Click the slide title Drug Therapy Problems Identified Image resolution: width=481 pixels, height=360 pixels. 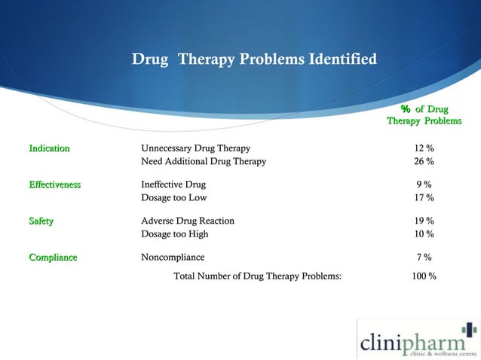(x=254, y=59)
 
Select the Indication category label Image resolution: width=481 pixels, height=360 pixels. (x=50, y=148)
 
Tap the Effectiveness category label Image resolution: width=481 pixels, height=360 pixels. (x=55, y=185)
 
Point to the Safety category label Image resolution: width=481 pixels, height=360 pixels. (x=41, y=221)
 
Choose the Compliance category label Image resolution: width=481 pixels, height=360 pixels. (x=53, y=258)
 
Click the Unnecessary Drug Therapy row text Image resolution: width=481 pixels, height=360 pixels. (x=195, y=148)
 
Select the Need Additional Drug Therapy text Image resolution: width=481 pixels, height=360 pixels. (x=204, y=161)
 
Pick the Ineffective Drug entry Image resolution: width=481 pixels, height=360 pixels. (x=173, y=185)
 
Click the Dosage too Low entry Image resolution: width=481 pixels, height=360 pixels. (x=174, y=197)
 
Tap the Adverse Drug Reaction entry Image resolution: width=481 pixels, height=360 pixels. (x=188, y=221)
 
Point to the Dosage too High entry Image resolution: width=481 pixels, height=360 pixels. (x=175, y=234)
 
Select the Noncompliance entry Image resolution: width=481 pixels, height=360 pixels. (x=173, y=258)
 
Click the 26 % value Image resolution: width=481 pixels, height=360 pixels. (x=424, y=161)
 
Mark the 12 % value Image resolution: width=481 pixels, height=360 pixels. (x=424, y=148)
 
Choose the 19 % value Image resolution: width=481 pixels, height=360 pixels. (x=424, y=221)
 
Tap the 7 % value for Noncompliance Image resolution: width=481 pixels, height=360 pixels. (x=424, y=258)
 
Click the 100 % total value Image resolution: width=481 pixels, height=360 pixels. (x=424, y=276)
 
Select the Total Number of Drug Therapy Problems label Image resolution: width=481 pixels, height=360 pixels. (x=258, y=276)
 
